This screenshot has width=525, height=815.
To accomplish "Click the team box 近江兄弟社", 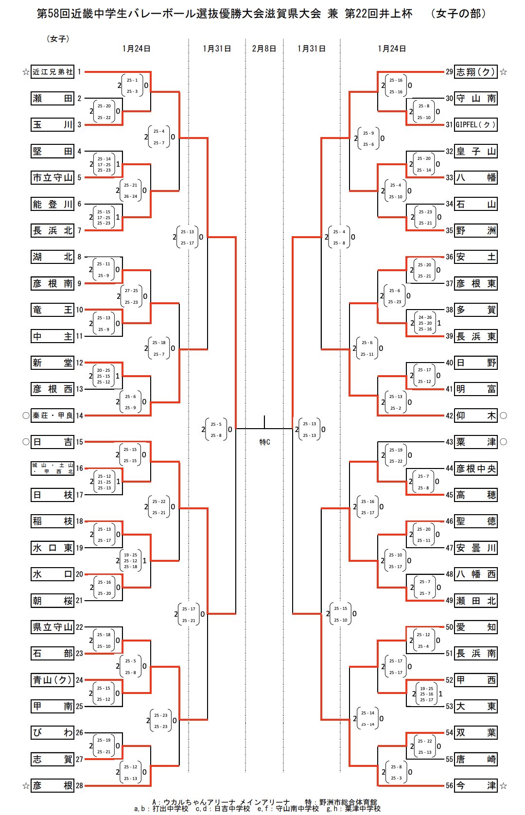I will [52, 72].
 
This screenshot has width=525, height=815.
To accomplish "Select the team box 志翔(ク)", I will [475, 72].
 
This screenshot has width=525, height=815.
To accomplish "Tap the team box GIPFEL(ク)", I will [475, 125].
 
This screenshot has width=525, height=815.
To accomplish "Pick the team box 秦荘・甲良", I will [52, 416].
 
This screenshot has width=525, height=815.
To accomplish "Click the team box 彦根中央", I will [475, 468].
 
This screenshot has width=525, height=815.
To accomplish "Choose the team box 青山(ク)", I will [52, 680].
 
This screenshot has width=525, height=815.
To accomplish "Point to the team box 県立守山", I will [52, 627].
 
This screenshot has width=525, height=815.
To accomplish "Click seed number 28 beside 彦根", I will [79, 785].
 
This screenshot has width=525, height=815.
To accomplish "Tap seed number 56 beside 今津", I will [449, 785].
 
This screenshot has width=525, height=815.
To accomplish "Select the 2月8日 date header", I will [264, 49].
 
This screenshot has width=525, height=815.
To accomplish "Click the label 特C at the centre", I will [264, 442].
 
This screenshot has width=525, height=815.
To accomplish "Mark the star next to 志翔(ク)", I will [504, 72].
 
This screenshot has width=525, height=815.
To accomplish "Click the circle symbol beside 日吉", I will [26, 442].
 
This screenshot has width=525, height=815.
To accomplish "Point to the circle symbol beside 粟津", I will [504, 442].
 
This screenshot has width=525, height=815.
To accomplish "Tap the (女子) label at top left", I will [58, 38].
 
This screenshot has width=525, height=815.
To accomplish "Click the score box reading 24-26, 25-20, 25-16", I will [425, 323].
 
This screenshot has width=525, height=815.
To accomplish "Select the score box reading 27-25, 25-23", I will [131, 296].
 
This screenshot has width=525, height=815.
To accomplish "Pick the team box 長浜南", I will [475, 654].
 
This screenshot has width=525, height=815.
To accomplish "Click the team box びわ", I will [52, 732].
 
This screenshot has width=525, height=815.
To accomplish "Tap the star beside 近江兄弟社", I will [26, 72].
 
